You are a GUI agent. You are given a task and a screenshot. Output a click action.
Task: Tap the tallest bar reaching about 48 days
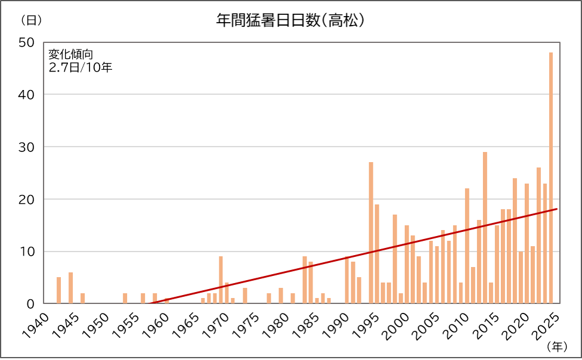click(551, 179)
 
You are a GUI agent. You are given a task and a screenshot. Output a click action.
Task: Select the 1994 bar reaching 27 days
click(371, 232)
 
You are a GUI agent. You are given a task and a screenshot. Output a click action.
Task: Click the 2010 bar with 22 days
click(467, 246)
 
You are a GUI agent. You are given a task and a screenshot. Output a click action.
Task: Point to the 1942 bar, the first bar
click(58, 290)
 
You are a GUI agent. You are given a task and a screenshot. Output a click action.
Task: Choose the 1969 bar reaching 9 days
click(221, 280)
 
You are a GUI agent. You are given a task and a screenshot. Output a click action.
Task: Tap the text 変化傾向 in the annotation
click(70, 54)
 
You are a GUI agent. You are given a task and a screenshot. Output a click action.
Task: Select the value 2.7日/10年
click(80, 67)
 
